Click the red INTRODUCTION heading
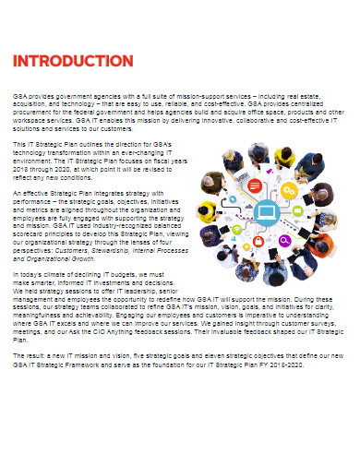(73, 61)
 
